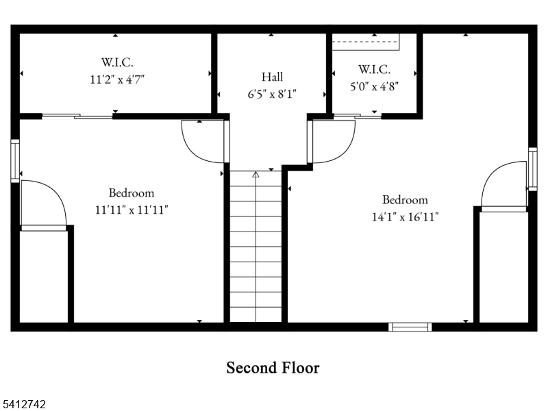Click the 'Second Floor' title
[x=273, y=368]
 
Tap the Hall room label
[x=272, y=77]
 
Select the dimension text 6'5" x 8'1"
[x=272, y=94]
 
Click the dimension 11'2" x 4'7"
[x=118, y=79]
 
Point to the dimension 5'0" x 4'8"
[x=374, y=86]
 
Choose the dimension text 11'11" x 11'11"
[x=132, y=210]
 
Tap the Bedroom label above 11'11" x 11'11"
[x=132, y=193]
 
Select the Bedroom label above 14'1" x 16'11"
[x=405, y=200]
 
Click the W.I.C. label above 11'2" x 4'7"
[x=118, y=62]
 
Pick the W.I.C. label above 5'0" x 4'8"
[x=374, y=69]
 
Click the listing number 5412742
[x=23, y=405]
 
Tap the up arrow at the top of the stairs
[x=256, y=175]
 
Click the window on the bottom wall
[x=410, y=327]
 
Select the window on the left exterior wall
[x=15, y=161]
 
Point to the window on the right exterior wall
[x=532, y=169]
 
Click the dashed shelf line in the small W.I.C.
[x=366, y=42]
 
